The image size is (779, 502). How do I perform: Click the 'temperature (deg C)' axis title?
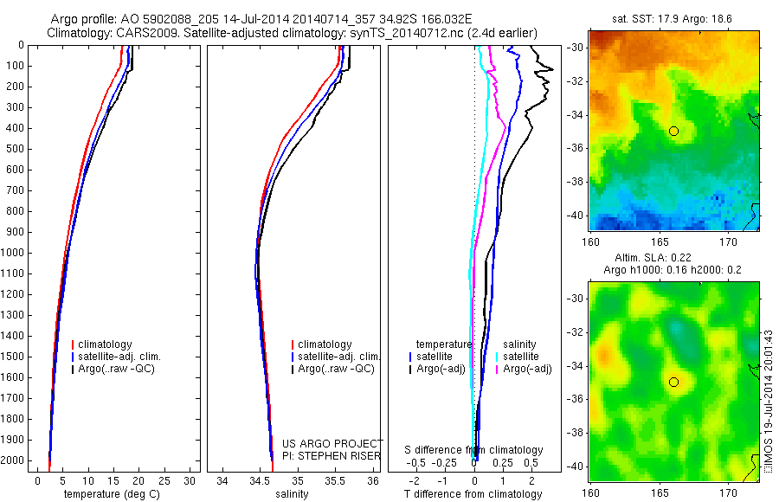point(111,494)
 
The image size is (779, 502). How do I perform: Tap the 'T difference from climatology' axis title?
point(473,494)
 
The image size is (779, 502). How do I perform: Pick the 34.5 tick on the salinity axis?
point(260,480)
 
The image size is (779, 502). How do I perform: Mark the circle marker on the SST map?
point(673,131)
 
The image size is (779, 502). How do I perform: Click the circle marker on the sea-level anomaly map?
point(673,382)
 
